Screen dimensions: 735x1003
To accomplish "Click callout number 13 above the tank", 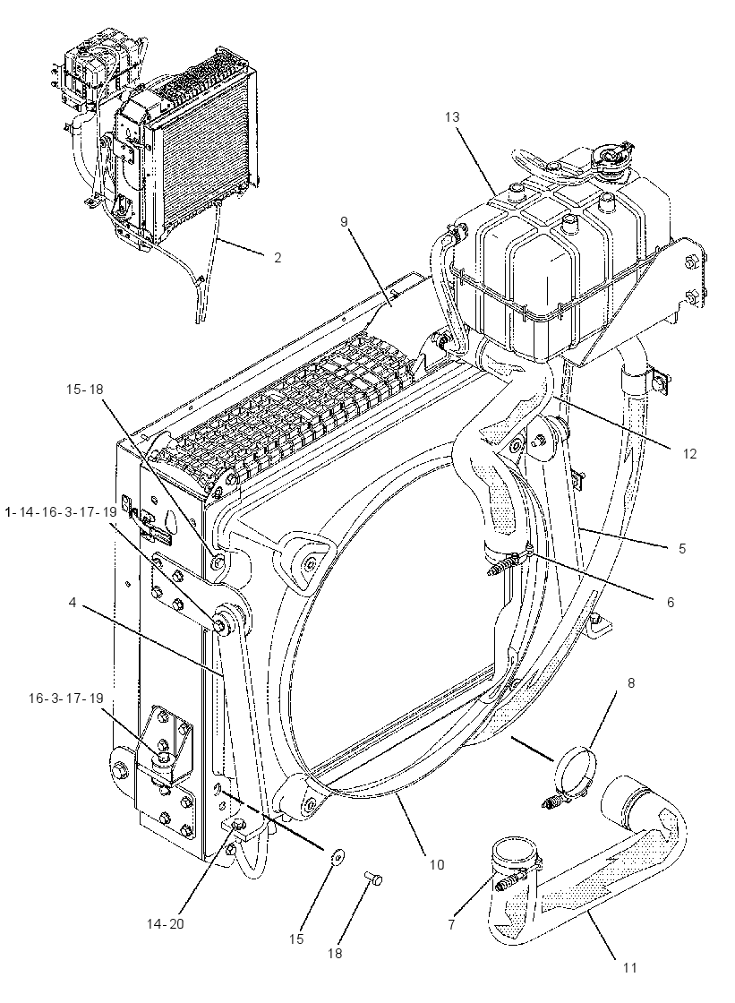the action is coord(452,117).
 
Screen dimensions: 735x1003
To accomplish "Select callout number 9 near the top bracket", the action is coord(344,221).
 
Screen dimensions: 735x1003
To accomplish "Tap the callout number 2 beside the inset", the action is coord(277,258).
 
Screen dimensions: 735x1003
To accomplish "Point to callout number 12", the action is coord(689,453).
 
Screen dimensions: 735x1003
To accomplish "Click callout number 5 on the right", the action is coord(682,548).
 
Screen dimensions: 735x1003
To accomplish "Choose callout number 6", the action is coord(671,602).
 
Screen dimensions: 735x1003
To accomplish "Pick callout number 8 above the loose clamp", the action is coord(631,682).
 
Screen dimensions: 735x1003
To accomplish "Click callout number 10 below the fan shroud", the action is coord(436,865).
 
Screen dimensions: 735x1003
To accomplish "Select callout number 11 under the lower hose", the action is coord(630,968).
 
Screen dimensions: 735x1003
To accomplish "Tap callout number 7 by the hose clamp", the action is coord(451,925).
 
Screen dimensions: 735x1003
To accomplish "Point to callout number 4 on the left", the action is coord(73,603).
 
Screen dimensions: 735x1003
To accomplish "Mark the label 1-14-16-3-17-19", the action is coord(61,512).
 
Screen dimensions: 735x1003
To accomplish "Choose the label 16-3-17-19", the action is coord(66,698).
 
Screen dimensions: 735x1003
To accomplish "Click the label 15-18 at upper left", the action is coord(84,389).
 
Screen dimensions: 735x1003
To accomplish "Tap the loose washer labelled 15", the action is coord(337,854).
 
